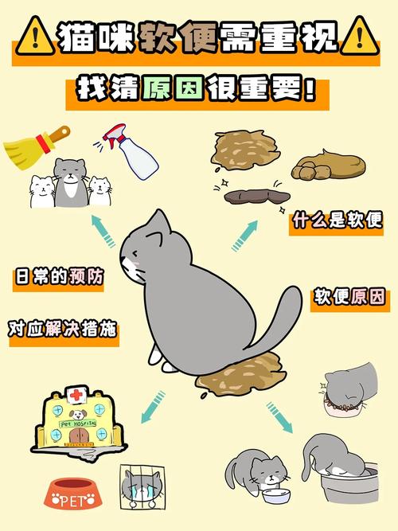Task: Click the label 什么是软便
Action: (x=338, y=221)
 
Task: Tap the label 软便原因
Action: (x=348, y=298)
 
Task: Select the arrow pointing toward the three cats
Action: (x=102, y=229)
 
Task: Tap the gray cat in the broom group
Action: (x=69, y=181)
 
